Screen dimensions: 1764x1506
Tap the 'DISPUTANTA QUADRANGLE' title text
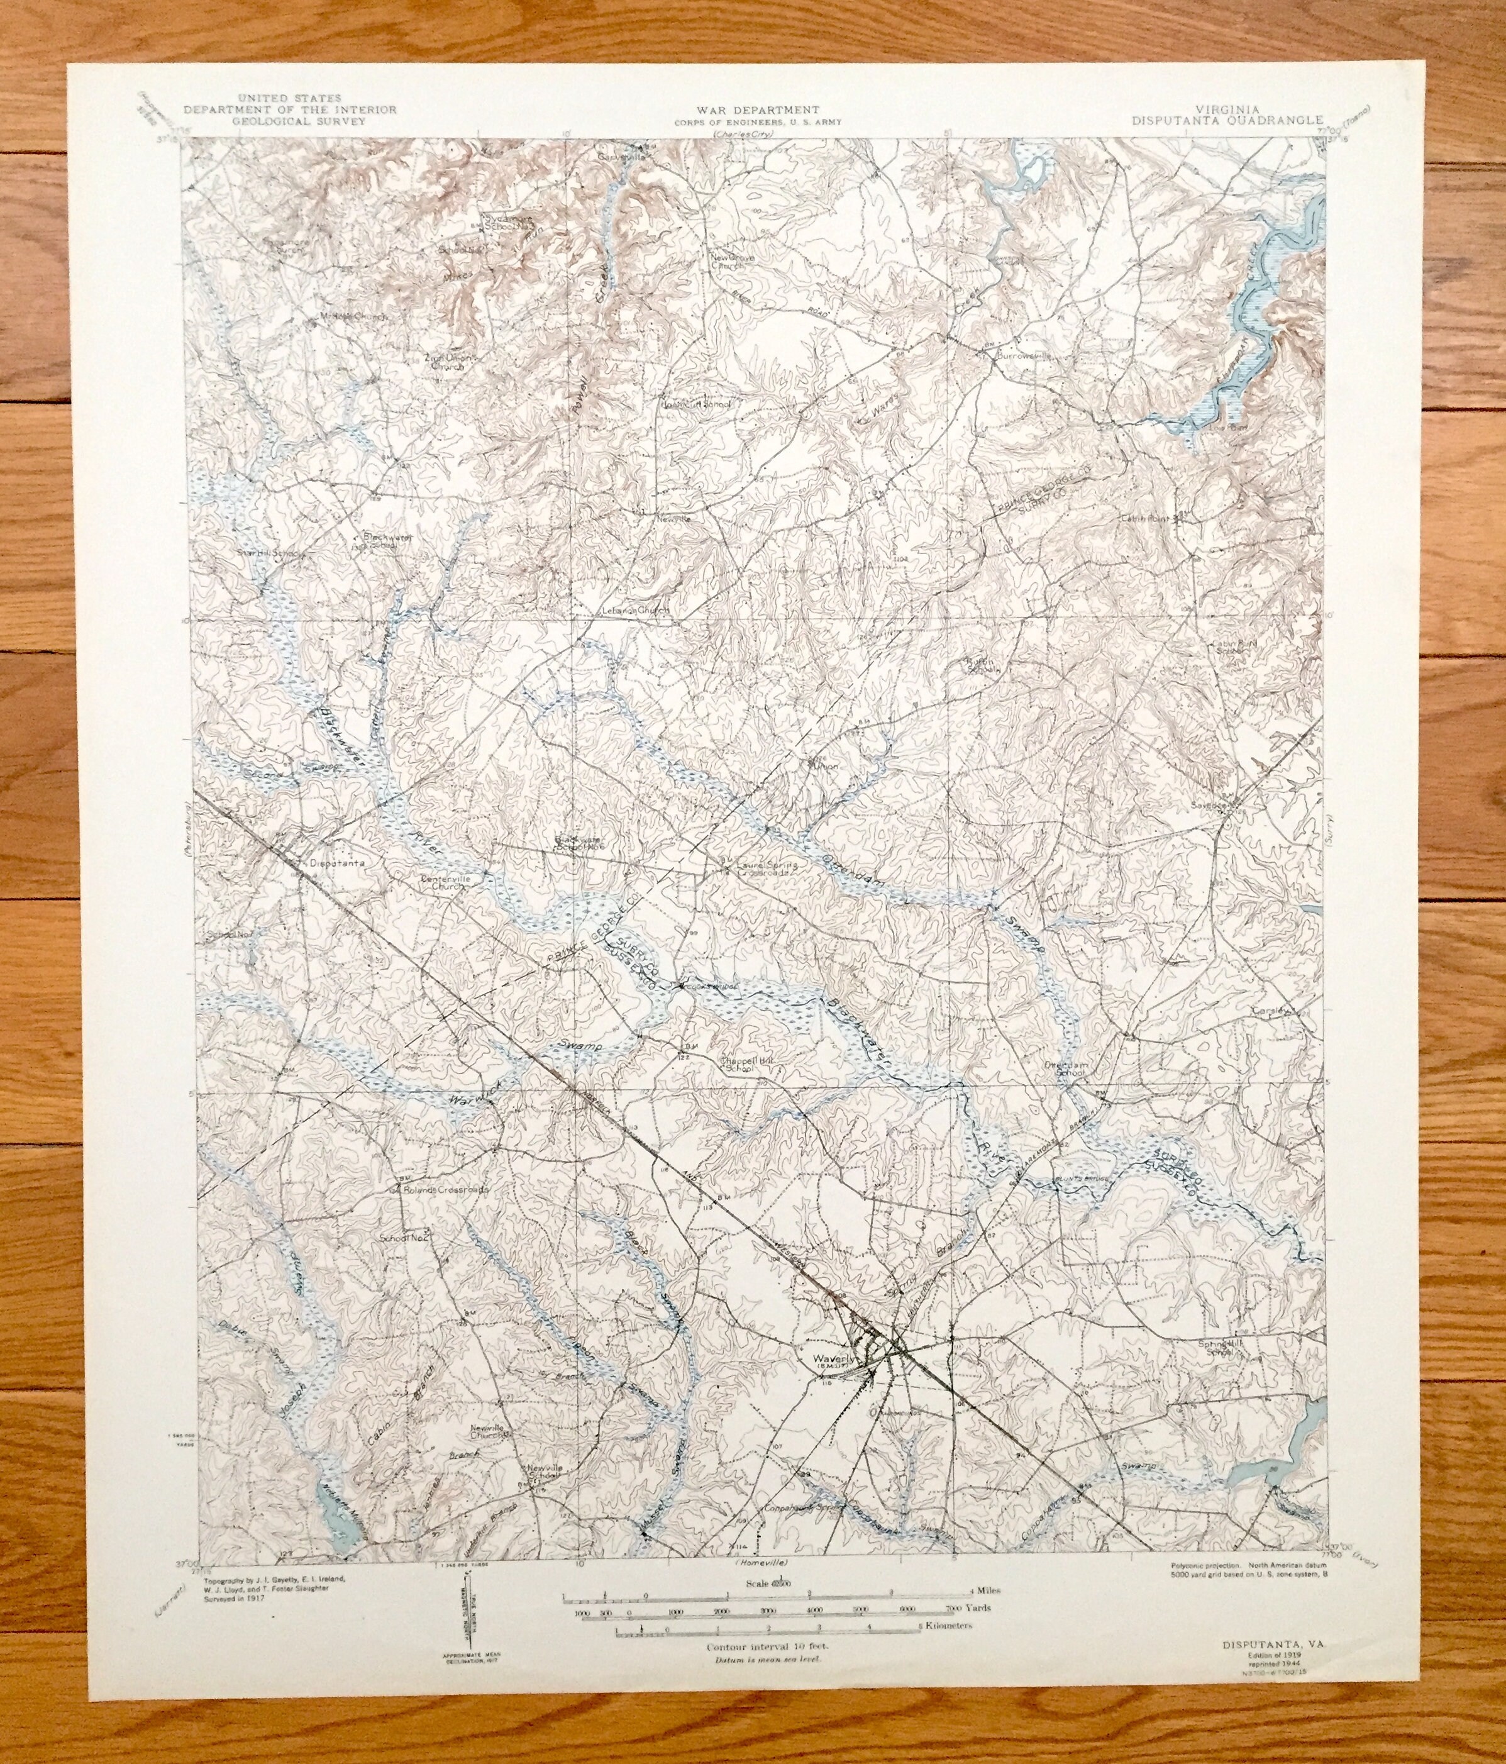coord(1227,120)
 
